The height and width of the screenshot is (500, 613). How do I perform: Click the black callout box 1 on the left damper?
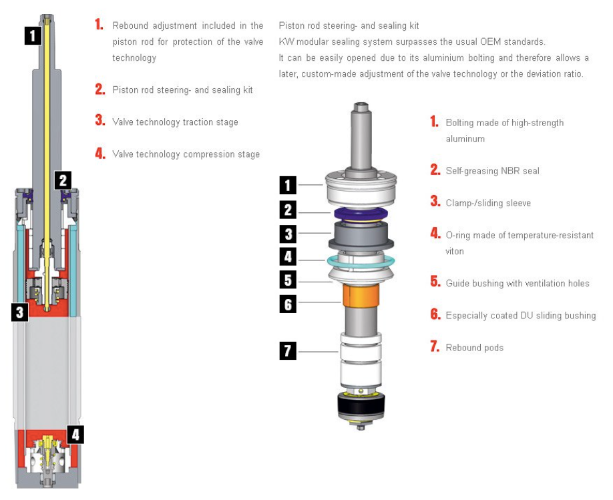point(33,35)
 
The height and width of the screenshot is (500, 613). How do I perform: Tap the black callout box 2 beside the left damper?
point(63,180)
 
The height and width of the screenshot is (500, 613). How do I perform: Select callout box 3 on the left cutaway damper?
point(20,312)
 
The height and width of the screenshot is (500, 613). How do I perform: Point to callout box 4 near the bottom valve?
point(76,435)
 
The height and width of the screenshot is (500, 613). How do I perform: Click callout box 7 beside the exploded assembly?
point(288,350)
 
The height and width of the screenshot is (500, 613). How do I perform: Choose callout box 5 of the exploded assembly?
point(288,280)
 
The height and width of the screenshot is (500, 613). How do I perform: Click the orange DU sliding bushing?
point(361,296)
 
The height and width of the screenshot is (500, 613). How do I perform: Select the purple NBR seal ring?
point(361,214)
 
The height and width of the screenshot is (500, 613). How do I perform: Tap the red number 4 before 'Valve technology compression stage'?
point(100,153)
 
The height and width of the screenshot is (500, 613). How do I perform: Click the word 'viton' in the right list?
point(455,252)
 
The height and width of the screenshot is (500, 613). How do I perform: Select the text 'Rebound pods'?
point(475,348)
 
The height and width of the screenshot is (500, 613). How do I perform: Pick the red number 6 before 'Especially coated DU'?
point(435,314)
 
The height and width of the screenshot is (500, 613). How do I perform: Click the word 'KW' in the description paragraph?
point(286,42)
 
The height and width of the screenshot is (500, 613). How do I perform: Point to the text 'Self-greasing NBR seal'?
point(493,171)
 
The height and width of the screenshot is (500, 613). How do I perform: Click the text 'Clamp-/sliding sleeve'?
point(488,203)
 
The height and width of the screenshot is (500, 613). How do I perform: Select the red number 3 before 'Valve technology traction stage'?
point(100,120)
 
